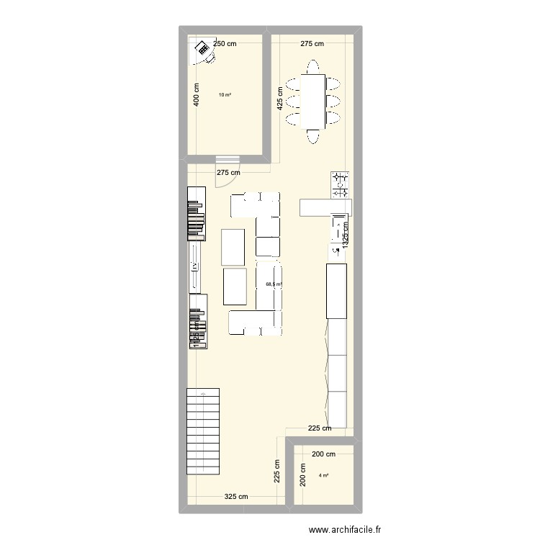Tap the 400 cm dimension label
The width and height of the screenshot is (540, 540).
point(196,96)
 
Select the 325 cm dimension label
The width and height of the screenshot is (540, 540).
point(235,497)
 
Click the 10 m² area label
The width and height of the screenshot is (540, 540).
point(225,94)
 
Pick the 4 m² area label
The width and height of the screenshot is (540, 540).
point(324,475)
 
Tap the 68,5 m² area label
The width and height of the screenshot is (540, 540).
point(274,284)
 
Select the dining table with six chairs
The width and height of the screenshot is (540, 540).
point(313,102)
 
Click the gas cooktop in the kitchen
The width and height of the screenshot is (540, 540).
point(340,184)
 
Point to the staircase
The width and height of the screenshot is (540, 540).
point(202,431)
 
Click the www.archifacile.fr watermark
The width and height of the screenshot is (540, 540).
point(344,531)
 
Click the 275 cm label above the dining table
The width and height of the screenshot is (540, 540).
point(312,44)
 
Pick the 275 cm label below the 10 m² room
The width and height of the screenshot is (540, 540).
point(228,173)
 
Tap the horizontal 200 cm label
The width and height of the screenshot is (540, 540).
point(324,454)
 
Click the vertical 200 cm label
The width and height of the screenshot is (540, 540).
point(302,475)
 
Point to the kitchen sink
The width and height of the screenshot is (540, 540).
point(338,230)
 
